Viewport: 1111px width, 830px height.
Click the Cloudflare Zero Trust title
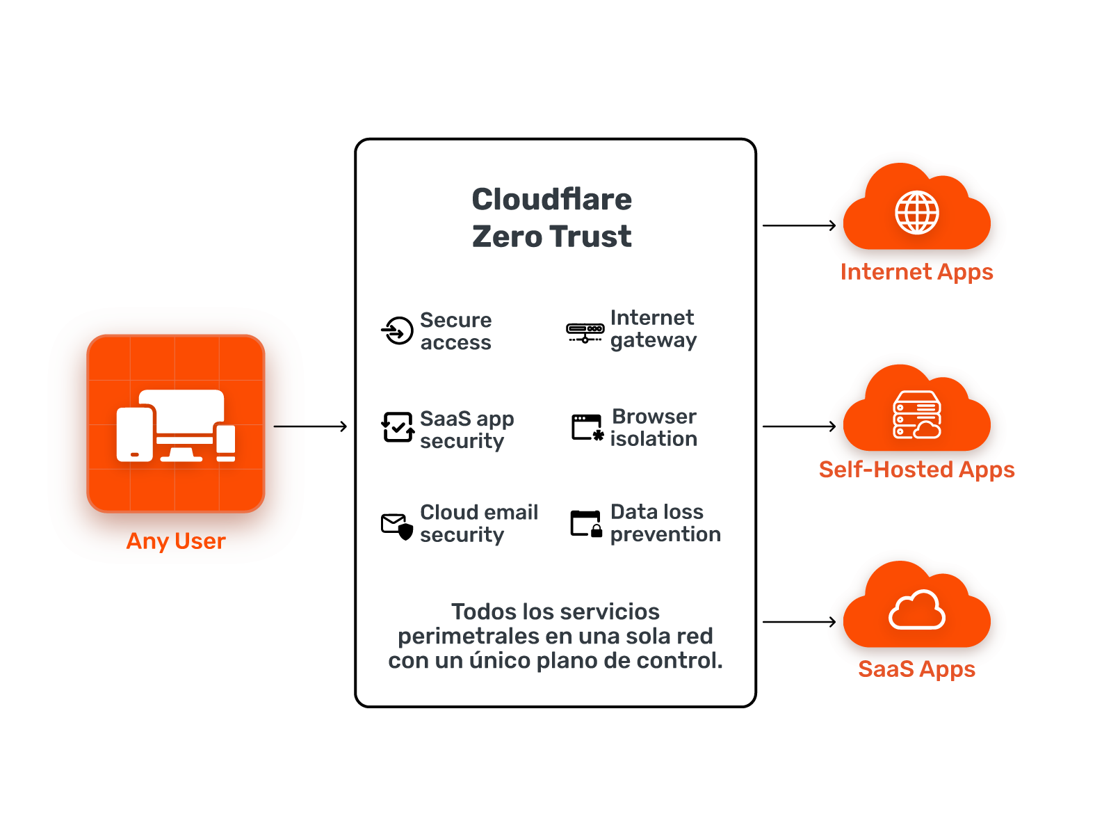point(551,218)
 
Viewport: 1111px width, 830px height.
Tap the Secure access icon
point(398,330)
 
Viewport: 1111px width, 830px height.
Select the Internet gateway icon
point(585,332)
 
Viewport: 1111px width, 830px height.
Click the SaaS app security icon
point(398,427)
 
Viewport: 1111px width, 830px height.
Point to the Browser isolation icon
point(587,427)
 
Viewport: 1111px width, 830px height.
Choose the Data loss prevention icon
point(585,524)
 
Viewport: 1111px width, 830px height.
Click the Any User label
point(176,541)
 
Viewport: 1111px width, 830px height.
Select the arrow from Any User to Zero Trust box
point(310,426)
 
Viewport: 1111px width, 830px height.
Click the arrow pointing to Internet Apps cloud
point(799,225)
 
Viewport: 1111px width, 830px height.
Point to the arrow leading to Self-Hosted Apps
point(799,426)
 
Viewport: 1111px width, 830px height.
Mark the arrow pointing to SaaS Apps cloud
point(799,622)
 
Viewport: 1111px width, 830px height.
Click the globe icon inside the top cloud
point(916,212)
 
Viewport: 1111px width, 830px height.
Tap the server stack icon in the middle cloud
point(916,415)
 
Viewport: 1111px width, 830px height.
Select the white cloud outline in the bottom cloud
point(916,610)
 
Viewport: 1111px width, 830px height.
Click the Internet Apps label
point(916,272)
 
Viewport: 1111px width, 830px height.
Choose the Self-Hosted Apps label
point(916,470)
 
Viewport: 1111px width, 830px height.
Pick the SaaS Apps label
point(916,669)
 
